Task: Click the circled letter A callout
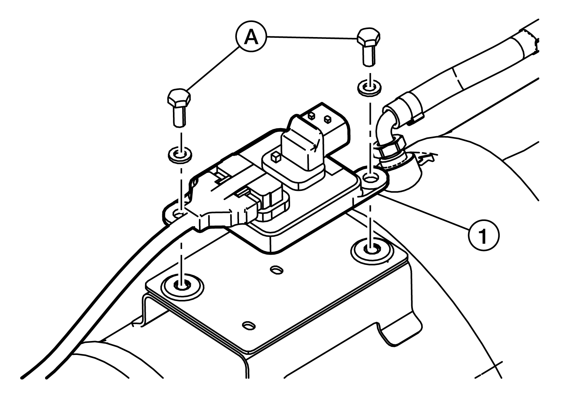coord(251,37)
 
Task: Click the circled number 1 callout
coord(484,235)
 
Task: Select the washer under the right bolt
coord(369,88)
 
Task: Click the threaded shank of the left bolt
coord(180,117)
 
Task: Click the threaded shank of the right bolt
coord(369,57)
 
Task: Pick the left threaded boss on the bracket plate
coord(182,287)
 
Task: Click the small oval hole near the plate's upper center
coord(276,270)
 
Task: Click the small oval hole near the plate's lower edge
coord(249,325)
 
